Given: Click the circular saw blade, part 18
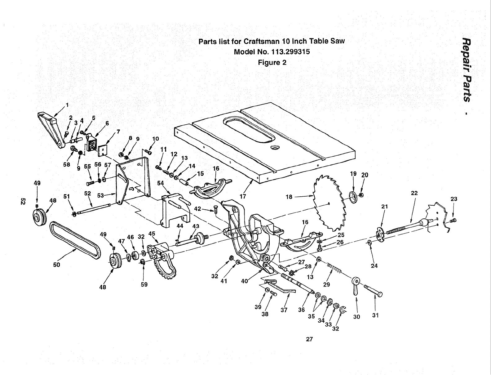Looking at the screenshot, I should [x=329, y=203].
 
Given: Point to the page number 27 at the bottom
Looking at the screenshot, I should [x=309, y=339].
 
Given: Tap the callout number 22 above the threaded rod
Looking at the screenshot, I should [x=414, y=193].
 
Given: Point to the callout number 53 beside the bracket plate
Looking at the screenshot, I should [x=100, y=195].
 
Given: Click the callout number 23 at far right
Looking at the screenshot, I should [x=453, y=199].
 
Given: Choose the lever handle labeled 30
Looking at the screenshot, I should [x=355, y=287].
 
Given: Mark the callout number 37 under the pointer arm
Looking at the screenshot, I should [x=284, y=310].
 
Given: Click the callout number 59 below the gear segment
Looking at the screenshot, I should [x=144, y=284].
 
